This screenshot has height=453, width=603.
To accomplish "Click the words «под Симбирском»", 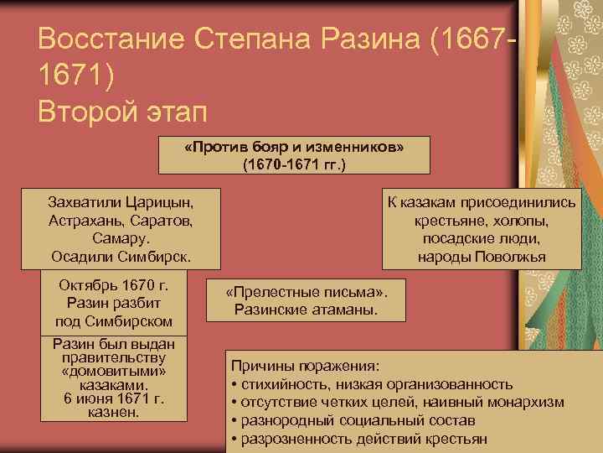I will [114, 321].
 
